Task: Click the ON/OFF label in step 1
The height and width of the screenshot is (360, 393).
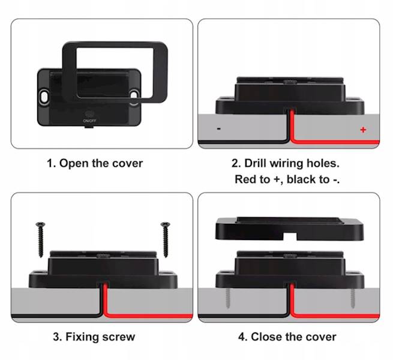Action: pos(89,121)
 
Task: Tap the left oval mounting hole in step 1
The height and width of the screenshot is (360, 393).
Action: pos(44,97)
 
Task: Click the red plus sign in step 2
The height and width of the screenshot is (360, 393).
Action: pos(363,130)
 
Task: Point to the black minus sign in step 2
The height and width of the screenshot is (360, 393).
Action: pos(219,128)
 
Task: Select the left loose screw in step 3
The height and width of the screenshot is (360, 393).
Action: pos(40,239)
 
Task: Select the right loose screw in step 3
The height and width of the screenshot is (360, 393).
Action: pos(166,239)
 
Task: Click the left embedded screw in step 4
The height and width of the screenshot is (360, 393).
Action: pos(227,298)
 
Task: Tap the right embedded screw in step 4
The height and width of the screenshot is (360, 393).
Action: pos(353,298)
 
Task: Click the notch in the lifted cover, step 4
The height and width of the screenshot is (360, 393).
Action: pos(289,236)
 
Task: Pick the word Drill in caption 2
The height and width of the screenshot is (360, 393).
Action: pos(255,163)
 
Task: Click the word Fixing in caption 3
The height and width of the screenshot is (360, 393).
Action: pos(82,337)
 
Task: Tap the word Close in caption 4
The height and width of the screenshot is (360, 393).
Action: pos(266,337)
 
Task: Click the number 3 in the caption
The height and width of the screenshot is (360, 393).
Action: pos(56,337)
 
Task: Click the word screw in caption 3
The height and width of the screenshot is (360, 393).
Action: pos(119,337)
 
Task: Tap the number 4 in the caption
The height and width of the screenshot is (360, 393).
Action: pos(241,337)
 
